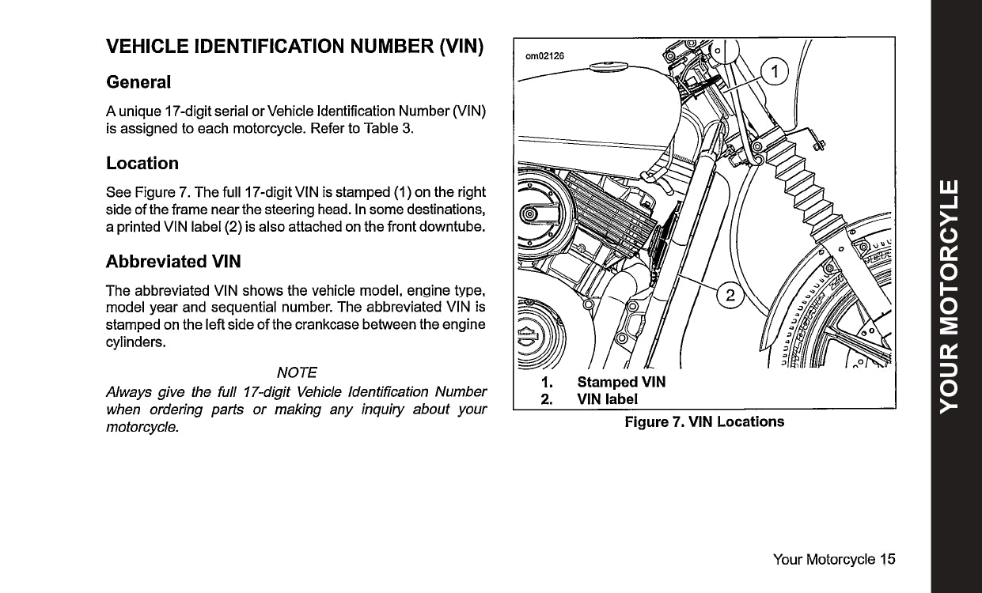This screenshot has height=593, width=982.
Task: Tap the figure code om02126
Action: click(x=545, y=56)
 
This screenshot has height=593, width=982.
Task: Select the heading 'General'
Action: click(x=138, y=82)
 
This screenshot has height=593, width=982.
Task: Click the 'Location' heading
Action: click(x=142, y=164)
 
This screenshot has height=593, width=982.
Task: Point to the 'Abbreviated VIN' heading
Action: click(x=173, y=261)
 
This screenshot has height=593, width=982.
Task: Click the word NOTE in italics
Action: click(x=297, y=372)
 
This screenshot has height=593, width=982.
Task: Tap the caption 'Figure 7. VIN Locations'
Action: click(x=704, y=421)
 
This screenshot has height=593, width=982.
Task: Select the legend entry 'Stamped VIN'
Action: click(x=621, y=383)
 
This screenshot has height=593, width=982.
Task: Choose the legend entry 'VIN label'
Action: click(x=607, y=398)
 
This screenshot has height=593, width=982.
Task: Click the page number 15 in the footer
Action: click(x=887, y=560)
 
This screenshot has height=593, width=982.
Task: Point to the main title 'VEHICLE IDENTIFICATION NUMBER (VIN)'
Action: click(x=294, y=46)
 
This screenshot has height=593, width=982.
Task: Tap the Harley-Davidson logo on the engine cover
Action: click(x=528, y=337)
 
